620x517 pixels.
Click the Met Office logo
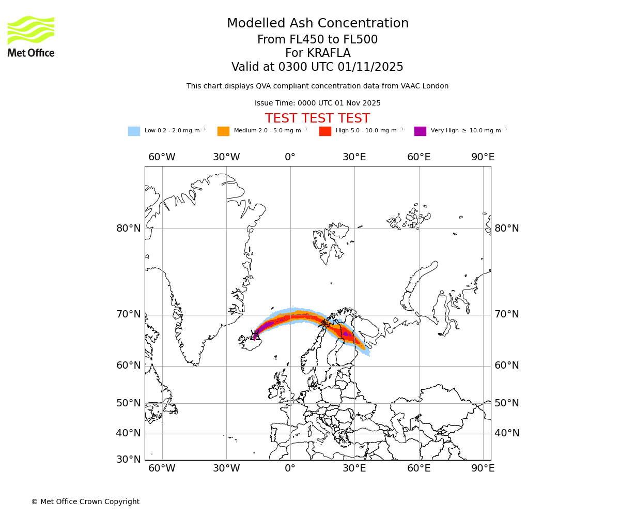[x=31, y=36]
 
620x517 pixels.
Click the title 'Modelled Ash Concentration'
[x=317, y=24]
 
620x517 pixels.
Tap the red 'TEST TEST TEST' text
[x=317, y=119]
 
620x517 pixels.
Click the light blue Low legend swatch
[x=134, y=131]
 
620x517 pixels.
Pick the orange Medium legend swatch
[x=223, y=131]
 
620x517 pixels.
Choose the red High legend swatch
[x=325, y=131]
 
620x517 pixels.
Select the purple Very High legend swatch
[x=420, y=131]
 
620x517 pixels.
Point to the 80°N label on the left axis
[x=129, y=229]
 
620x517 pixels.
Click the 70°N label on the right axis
[x=506, y=314]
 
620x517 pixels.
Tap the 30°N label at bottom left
[x=129, y=459]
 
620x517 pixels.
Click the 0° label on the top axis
[x=290, y=157]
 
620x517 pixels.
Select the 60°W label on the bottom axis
[x=162, y=468]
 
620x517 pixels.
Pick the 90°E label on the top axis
[x=483, y=157]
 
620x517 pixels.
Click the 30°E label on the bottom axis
[x=354, y=468]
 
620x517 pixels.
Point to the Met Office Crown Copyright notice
[x=85, y=502]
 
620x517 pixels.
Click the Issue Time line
[x=317, y=103]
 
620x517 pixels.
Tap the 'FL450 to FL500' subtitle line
[x=317, y=40]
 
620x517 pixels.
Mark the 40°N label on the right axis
[x=506, y=433]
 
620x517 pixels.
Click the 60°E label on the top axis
[x=419, y=157]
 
